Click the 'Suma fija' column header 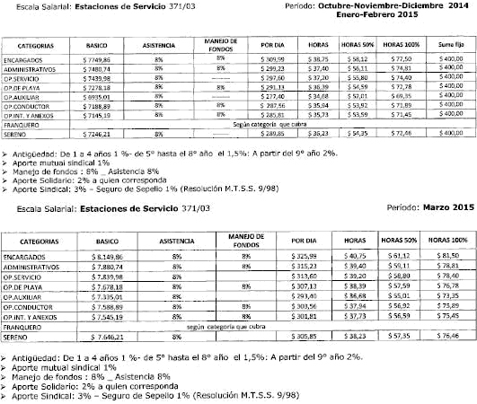[x=446, y=43]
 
